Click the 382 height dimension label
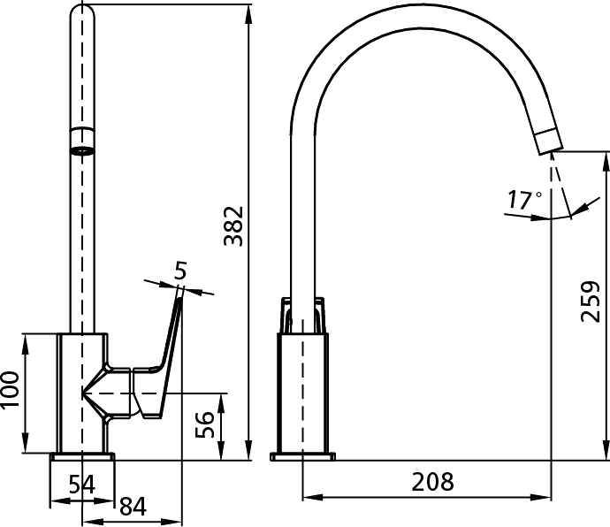[x=233, y=226]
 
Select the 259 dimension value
[x=591, y=302]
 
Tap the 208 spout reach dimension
[x=432, y=482]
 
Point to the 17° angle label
[x=524, y=200]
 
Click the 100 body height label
[x=10, y=390]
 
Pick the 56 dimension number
[x=204, y=424]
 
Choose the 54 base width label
[x=81, y=485]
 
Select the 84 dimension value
[x=133, y=507]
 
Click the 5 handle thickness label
[x=180, y=270]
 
